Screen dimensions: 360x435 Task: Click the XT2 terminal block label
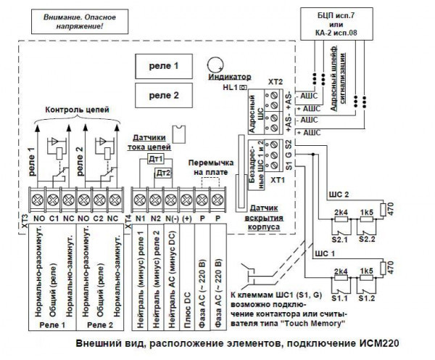click(x=275, y=83)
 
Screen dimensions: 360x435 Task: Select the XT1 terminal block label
click(x=275, y=178)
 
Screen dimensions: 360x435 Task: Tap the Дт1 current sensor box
click(x=155, y=159)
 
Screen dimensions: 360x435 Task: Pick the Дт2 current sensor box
click(x=165, y=173)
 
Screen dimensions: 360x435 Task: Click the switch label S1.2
click(x=366, y=298)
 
